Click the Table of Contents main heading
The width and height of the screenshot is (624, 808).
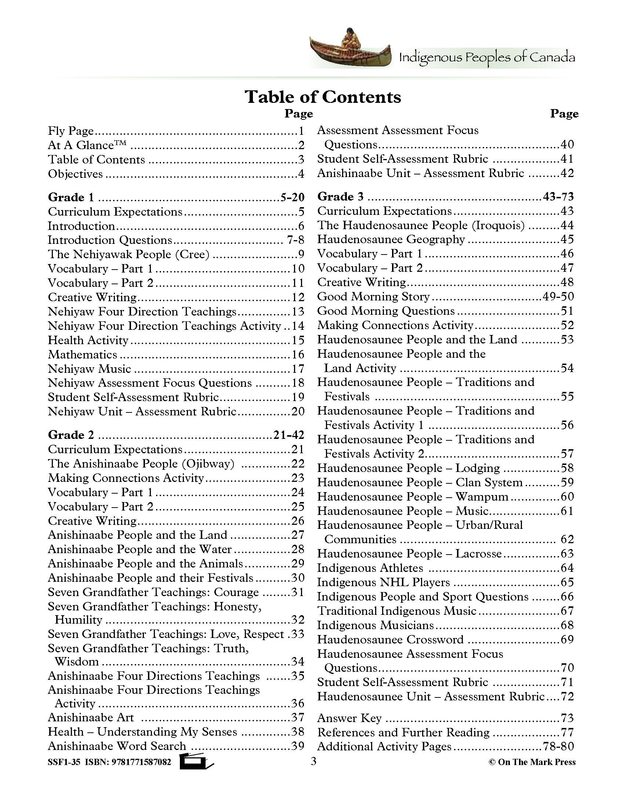click(x=322, y=97)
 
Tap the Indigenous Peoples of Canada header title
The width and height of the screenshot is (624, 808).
click(x=486, y=58)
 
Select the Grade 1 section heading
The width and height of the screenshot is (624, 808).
click(x=71, y=197)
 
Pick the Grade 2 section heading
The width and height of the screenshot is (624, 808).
click(x=71, y=435)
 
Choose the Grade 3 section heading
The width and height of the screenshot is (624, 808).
click(x=341, y=196)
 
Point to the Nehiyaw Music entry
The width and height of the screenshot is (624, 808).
click(x=90, y=369)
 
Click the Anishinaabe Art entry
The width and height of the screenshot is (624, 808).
click(x=91, y=717)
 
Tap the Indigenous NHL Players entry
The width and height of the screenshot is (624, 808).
click(x=383, y=582)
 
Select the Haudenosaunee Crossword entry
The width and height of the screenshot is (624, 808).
click(x=390, y=639)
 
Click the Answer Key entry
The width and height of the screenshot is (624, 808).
click(x=349, y=718)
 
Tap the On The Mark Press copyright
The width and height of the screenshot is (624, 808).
click(x=532, y=762)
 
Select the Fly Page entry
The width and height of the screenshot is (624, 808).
click(x=70, y=131)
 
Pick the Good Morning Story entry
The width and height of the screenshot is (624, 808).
click(x=373, y=297)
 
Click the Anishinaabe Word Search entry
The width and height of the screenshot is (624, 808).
click(x=117, y=746)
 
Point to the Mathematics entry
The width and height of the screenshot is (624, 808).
click(x=83, y=354)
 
